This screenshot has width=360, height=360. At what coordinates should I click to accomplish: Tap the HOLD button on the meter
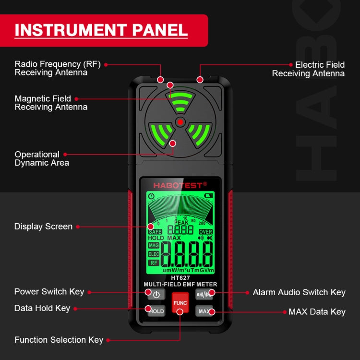tap(156, 311)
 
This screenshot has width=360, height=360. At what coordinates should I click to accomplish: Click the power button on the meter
tap(156, 294)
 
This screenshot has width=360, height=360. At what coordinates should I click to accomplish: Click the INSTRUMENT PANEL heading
tap(101, 30)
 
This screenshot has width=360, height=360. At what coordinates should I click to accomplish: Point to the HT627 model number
tap(180, 277)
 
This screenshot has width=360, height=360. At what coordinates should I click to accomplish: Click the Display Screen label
tap(43, 227)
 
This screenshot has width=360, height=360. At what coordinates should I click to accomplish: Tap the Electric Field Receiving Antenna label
tap(308, 69)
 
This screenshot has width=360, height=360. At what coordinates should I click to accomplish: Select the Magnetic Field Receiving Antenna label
tap(51, 103)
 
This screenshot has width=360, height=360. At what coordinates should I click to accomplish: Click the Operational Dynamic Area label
tap(42, 158)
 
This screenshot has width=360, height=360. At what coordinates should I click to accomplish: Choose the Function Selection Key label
tap(59, 340)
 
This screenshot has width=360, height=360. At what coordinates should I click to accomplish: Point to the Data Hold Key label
tap(42, 308)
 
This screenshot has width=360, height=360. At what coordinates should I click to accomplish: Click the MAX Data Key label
tap(317, 312)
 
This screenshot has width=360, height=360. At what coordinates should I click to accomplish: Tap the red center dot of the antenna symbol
tap(180, 122)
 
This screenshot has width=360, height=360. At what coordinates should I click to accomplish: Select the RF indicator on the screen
tap(154, 263)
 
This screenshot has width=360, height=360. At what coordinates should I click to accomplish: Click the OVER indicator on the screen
tap(206, 231)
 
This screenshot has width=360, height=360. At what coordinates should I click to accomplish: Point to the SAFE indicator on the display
tap(155, 231)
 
